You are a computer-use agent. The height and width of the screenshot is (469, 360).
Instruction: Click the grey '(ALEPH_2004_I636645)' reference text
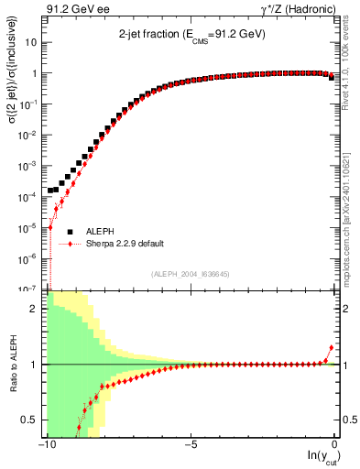pos(190,273)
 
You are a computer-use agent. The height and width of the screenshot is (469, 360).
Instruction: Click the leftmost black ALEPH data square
pos(50,191)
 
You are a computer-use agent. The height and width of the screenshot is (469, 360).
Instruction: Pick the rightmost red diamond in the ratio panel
pos(331,348)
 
